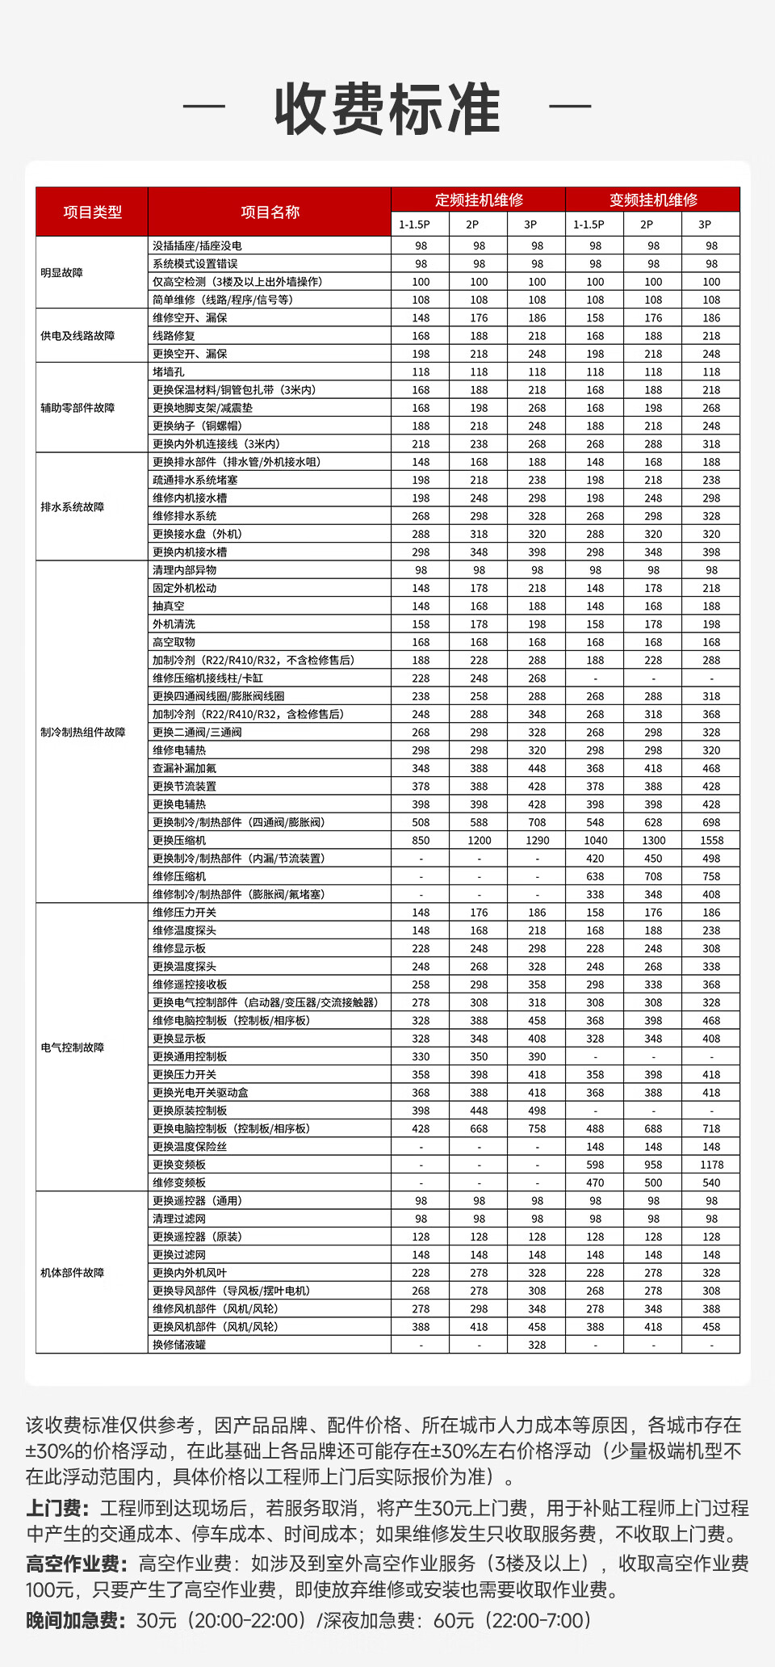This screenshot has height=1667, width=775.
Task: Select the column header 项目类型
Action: coord(92,212)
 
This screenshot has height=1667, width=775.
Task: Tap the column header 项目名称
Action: coord(270,212)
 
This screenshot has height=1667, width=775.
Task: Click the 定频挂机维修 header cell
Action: coord(479,199)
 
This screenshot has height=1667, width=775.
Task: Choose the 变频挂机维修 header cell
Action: coord(653,199)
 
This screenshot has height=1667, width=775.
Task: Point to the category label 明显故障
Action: coord(62,273)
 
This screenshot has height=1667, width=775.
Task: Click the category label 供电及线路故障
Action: coord(77,335)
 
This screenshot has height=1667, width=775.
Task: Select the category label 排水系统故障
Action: coord(73,507)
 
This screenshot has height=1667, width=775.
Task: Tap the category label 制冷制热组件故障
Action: coord(83,732)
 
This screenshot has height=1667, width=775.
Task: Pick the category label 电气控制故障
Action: coord(73,1048)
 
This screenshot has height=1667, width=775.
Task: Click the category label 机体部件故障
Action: coord(73,1273)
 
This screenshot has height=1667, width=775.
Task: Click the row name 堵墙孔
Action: coord(169,372)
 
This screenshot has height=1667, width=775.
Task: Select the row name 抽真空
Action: coord(169,606)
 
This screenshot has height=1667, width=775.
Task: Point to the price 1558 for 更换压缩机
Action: coord(711,840)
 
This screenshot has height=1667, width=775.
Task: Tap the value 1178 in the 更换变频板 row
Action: coord(711,1165)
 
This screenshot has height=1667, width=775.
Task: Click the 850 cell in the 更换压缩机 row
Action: coord(421,840)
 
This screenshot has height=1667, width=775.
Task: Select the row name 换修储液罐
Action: coord(179,1345)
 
